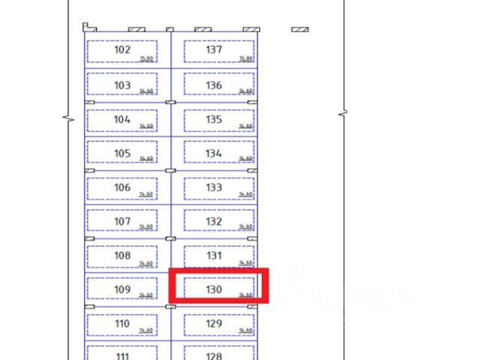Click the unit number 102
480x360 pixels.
tap(122, 50)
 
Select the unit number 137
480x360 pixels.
tap(214, 50)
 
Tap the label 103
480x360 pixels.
tap(122, 85)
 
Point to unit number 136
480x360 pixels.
tap(214, 85)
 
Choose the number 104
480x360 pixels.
tap(122, 119)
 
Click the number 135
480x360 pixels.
tap(214, 119)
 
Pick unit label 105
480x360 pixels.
tap(122, 154)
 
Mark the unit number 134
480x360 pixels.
tap(214, 154)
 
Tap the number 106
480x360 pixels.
tap(122, 187)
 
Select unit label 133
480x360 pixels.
tap(214, 187)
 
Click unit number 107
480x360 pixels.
tap(122, 222)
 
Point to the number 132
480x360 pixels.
tap(214, 222)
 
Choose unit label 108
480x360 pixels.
tap(122, 256)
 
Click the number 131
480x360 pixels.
tap(214, 256)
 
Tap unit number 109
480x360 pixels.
tap(122, 289)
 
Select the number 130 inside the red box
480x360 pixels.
tap(214, 289)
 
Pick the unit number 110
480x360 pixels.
tap(122, 324)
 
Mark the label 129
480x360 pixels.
tap(214, 324)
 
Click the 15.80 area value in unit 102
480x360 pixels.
tap(146, 58)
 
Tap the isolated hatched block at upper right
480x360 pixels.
tap(300, 29)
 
